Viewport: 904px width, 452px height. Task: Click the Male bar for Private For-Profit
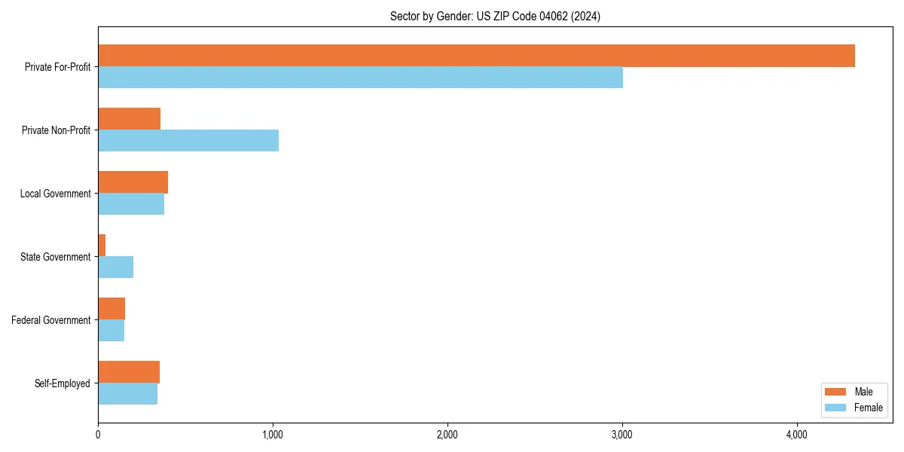click(476, 56)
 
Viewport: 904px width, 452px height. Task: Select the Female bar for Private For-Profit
click(360, 78)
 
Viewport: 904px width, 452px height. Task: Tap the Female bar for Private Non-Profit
click(188, 141)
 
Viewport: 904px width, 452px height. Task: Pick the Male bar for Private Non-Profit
click(129, 119)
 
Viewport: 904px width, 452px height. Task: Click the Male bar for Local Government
click(133, 182)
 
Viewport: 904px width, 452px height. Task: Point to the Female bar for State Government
click(115, 267)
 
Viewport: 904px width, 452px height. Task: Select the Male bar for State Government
click(102, 246)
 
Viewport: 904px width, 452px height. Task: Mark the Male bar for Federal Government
click(111, 309)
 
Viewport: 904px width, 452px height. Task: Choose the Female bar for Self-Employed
click(127, 394)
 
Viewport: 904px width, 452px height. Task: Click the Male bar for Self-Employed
click(129, 372)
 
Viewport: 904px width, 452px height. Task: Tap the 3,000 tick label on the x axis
click(621, 435)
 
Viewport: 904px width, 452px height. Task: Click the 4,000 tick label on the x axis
click(796, 435)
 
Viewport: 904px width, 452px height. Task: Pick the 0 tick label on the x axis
click(98, 435)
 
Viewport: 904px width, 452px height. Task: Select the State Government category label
click(56, 257)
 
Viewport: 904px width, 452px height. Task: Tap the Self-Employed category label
click(62, 383)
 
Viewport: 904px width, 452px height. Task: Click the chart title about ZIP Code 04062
click(495, 16)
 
